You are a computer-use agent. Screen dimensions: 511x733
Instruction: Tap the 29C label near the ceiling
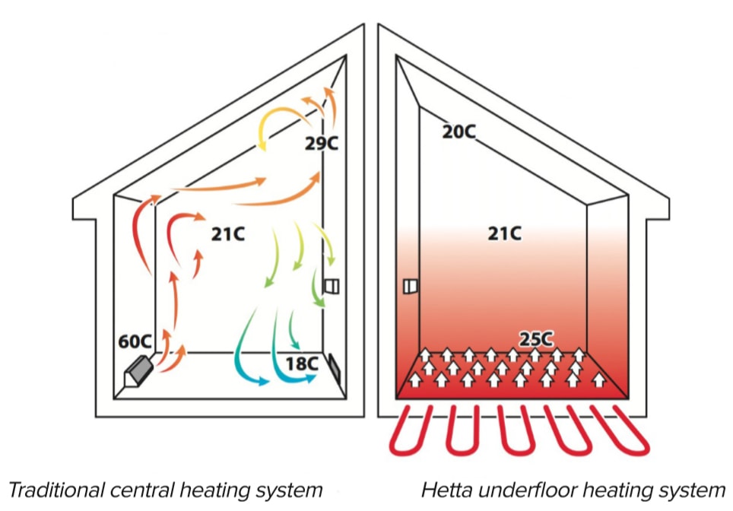(x=321, y=142)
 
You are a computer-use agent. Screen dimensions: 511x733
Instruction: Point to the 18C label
(x=303, y=363)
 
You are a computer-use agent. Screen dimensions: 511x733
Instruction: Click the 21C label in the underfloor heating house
(x=505, y=233)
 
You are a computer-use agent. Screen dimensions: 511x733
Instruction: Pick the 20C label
(x=459, y=132)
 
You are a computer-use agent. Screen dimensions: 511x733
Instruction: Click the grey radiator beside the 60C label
(x=138, y=371)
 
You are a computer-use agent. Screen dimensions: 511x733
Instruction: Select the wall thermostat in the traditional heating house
(x=332, y=286)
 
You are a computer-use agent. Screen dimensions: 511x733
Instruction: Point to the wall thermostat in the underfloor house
(x=410, y=286)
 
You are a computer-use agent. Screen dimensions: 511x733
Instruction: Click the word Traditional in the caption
(x=52, y=490)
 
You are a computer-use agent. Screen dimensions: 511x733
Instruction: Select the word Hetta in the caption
(x=443, y=490)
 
